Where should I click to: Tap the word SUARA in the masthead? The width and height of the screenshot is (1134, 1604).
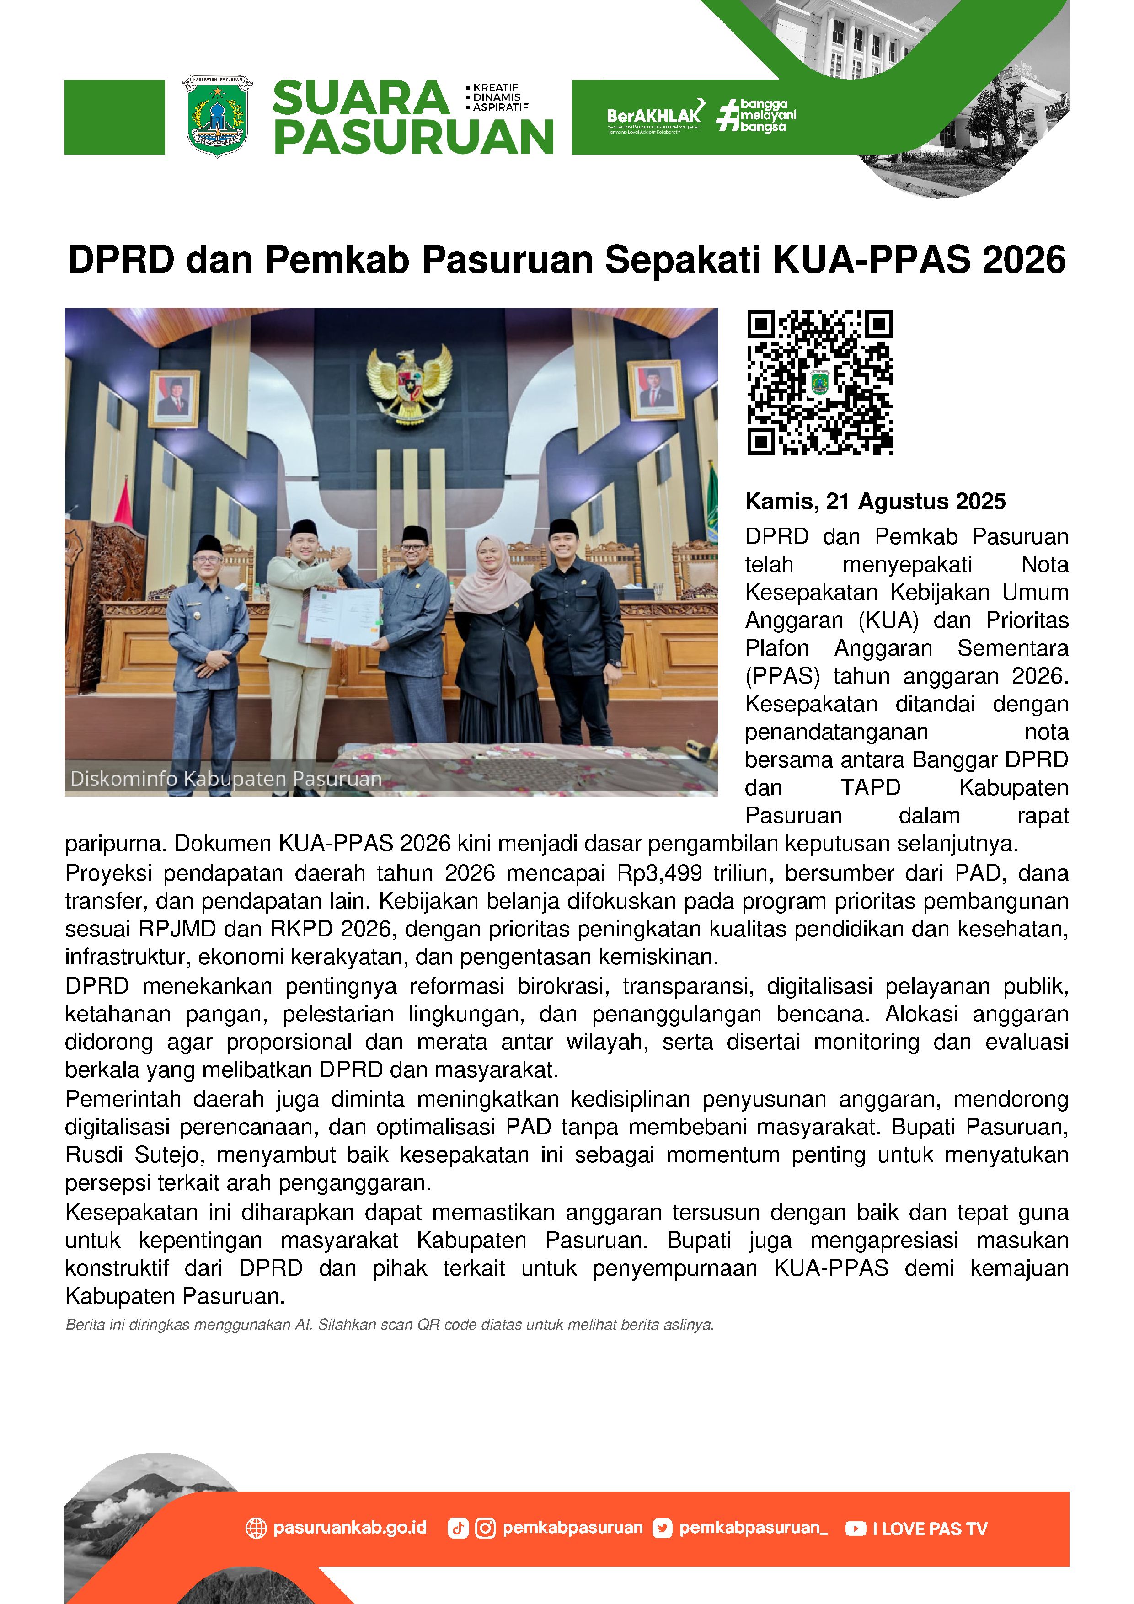pos(360,98)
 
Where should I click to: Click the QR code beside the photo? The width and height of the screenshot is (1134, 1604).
pos(819,383)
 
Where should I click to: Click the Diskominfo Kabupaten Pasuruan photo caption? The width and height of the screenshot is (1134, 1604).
pos(226,778)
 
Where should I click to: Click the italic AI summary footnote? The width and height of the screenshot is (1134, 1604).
pos(389,1325)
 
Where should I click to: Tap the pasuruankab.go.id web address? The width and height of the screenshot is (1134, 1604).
pos(349,1528)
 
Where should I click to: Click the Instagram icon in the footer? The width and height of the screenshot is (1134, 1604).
pos(485,1529)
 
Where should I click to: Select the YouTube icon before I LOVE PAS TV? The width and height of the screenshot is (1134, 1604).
pos(855,1529)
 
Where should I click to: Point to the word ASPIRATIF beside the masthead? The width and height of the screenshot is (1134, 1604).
pos(500,107)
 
